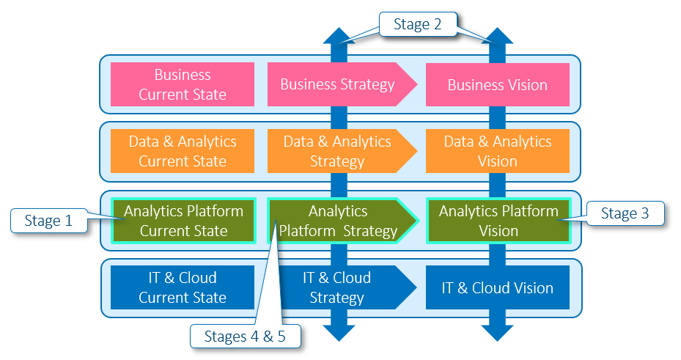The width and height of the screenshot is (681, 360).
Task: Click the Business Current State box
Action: (x=183, y=84)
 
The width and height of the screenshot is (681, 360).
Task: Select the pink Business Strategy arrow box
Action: (x=338, y=84)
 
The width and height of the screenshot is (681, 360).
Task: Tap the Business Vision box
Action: (x=498, y=84)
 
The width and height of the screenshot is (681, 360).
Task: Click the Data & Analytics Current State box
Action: (x=183, y=151)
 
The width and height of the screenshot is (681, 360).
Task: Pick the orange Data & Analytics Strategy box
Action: (x=338, y=151)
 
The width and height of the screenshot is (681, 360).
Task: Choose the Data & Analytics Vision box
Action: (x=498, y=151)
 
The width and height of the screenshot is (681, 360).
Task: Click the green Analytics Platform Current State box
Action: (x=183, y=221)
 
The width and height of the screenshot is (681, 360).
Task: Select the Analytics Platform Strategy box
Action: (x=338, y=221)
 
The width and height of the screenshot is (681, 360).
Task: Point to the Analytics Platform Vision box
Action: (x=498, y=221)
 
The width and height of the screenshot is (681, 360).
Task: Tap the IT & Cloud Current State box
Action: (x=183, y=287)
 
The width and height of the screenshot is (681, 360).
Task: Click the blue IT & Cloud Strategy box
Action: (x=337, y=287)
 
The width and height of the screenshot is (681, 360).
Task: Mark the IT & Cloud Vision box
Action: (x=498, y=287)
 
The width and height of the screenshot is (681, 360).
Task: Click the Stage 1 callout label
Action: (x=48, y=221)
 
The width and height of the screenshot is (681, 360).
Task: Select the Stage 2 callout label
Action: (x=418, y=24)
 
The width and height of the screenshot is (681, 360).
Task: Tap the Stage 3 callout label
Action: (x=625, y=213)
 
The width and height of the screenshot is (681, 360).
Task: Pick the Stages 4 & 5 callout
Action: (x=246, y=337)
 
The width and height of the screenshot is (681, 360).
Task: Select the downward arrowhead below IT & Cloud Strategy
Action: (x=338, y=331)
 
